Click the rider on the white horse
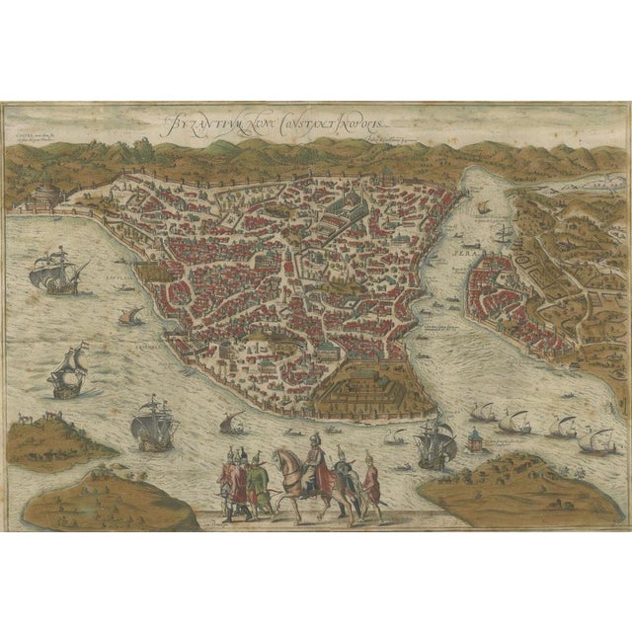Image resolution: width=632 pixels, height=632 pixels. pos(316,463)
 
